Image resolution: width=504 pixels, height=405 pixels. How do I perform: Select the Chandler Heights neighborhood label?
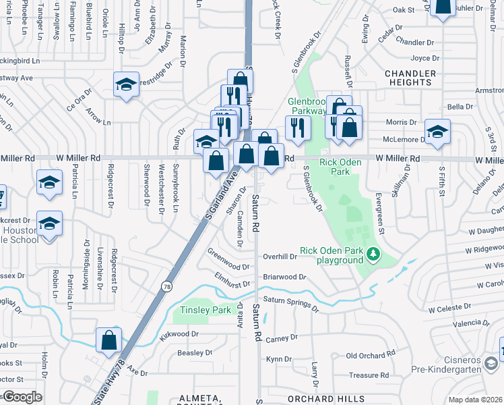point(408,78)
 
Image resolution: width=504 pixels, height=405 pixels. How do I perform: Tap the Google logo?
point(22,397)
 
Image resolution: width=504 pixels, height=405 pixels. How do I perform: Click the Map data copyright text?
point(476,400)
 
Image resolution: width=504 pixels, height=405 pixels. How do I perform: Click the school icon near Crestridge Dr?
point(126,84)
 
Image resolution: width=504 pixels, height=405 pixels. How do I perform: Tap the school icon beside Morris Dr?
point(437,131)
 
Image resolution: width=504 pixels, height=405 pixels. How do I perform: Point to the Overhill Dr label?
point(280,256)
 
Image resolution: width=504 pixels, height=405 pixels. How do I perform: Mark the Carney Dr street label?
point(282,338)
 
